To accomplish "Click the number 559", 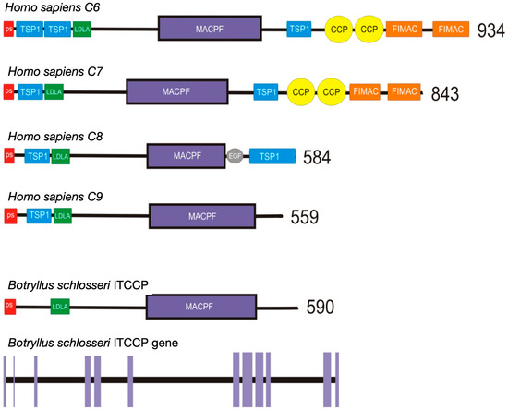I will (x=304, y=218).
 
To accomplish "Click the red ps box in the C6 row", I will (x=8, y=30).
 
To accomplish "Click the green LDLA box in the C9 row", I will (x=63, y=216).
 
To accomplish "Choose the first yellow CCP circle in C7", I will (x=299, y=92).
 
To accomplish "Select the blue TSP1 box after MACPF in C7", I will (x=266, y=92).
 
